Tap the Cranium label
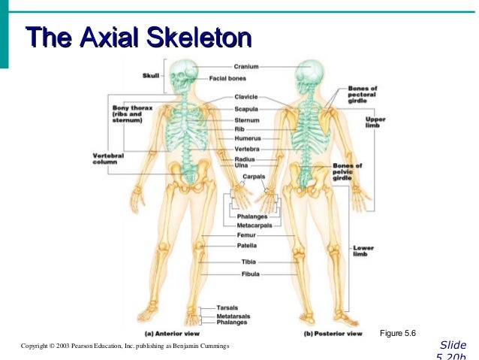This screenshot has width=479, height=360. click(x=246, y=67)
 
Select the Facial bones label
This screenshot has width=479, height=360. click(x=233, y=78)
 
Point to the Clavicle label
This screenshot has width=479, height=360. click(x=246, y=96)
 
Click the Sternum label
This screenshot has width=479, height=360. click(x=246, y=119)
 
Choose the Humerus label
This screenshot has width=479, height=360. click(x=247, y=138)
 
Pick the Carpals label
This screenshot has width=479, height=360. click(x=254, y=176)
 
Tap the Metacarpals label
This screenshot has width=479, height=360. click(x=254, y=225)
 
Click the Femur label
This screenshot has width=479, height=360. click(x=246, y=235)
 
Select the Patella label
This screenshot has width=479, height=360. click(x=247, y=246)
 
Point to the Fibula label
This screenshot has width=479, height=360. click(x=250, y=274)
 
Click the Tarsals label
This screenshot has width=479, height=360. click(x=227, y=308)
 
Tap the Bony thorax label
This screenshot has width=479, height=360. click(x=132, y=113)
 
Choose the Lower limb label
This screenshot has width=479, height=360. click(x=362, y=250)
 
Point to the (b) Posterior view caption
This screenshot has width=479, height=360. click(x=330, y=332)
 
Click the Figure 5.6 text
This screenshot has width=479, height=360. click(x=397, y=332)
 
